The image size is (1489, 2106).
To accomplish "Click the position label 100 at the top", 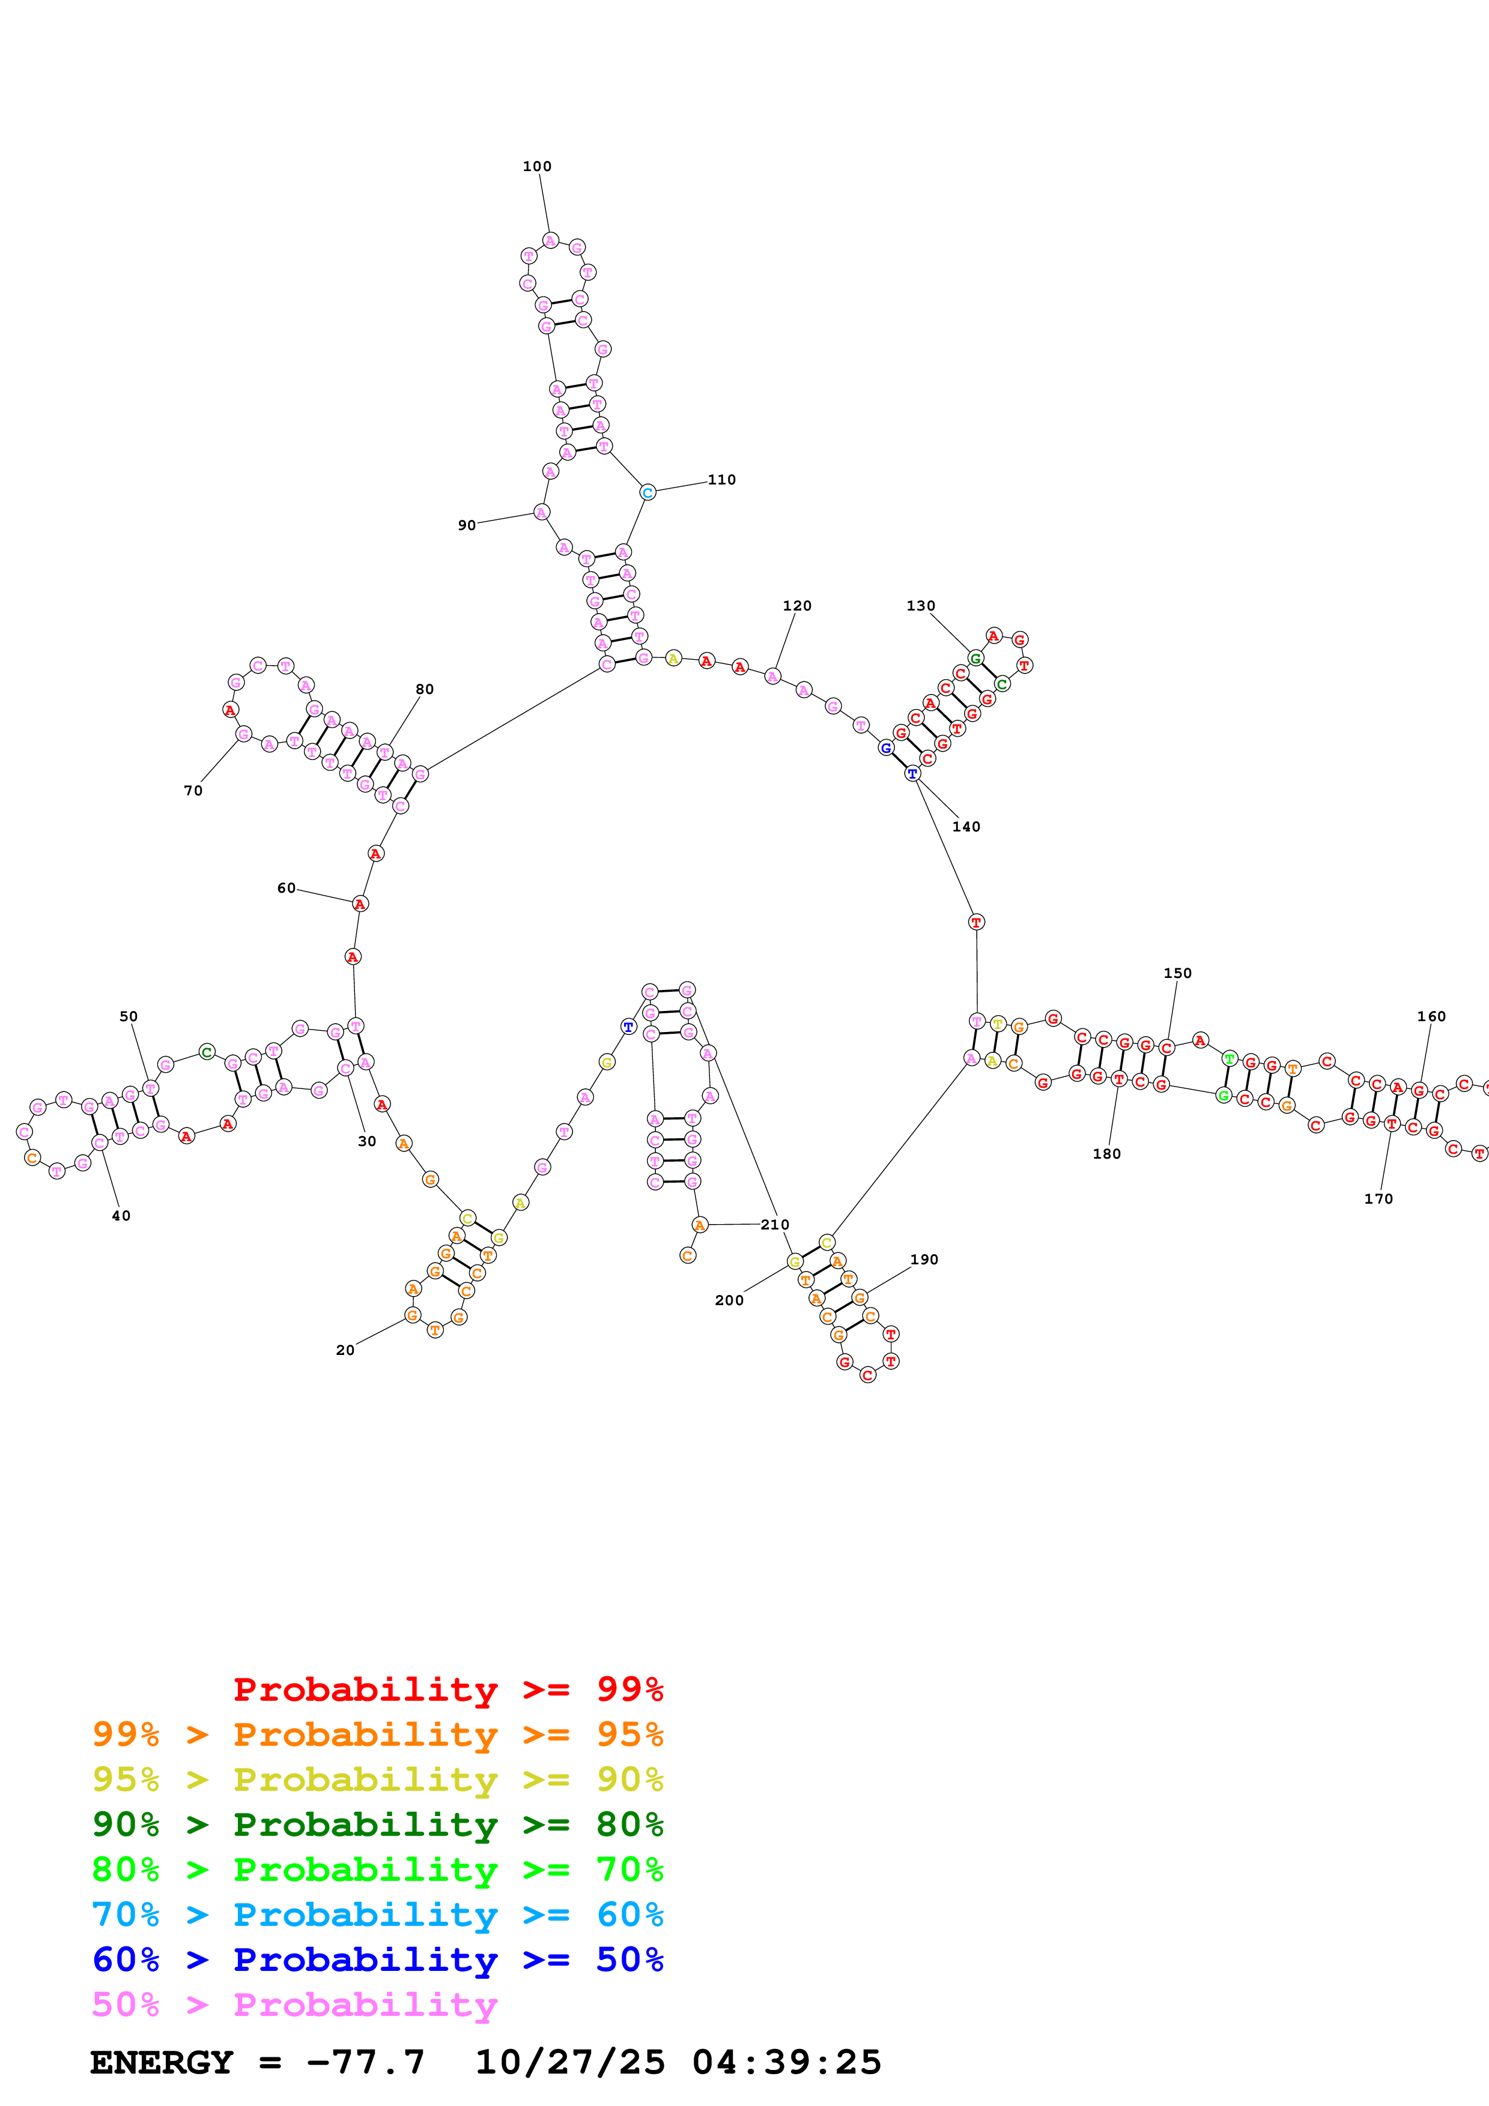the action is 537,166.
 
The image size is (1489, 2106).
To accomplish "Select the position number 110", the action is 721,479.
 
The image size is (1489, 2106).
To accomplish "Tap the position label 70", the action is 193,790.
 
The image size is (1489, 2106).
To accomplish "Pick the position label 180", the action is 1106,1153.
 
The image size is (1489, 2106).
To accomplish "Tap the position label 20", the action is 345,1350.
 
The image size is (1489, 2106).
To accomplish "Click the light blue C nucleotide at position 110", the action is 647,492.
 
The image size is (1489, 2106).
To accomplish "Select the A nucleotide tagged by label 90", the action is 541,512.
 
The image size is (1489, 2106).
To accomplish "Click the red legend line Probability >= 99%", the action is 447,1689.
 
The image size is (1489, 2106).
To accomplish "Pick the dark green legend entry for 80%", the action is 377,1824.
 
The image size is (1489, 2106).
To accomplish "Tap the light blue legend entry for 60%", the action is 377,1914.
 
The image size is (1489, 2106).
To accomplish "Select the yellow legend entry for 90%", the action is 377,1779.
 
